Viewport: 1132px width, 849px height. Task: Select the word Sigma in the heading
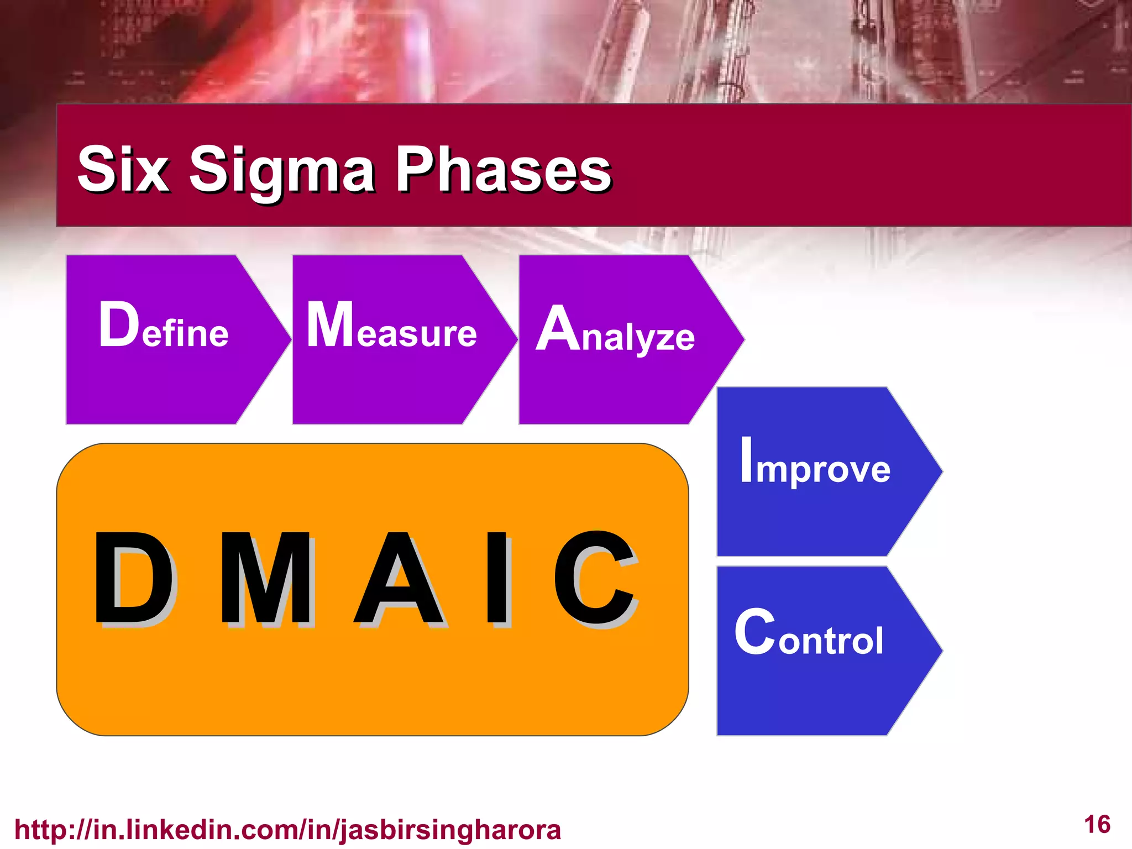pyautogui.click(x=282, y=171)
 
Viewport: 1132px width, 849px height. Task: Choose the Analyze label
pyautogui.click(x=615, y=331)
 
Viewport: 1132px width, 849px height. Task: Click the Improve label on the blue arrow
pyautogui.click(x=815, y=462)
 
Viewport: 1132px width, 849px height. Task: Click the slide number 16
pyautogui.click(x=1097, y=825)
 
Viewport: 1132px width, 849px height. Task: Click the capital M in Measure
pyautogui.click(x=330, y=325)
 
